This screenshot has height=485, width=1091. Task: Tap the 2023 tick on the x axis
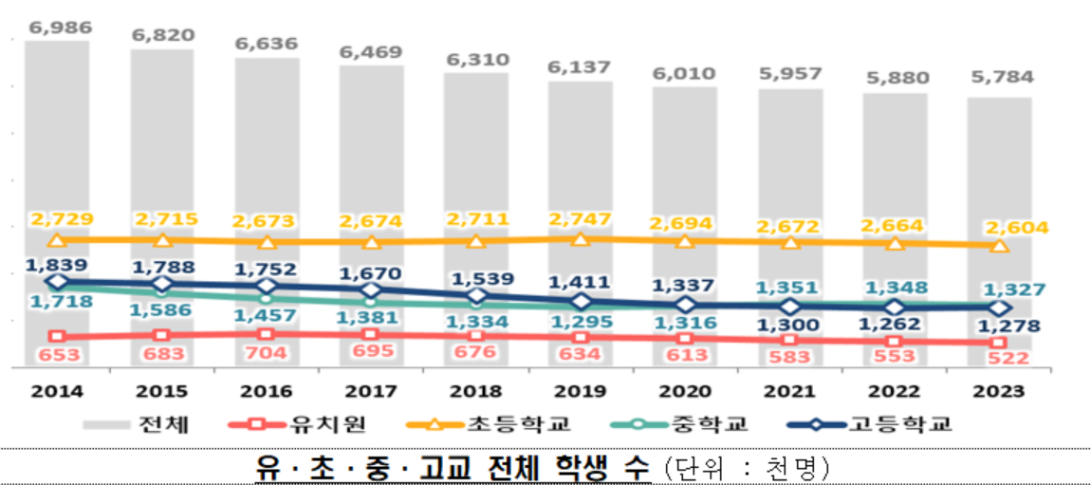tap(999, 390)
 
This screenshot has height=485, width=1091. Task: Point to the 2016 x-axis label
tap(267, 390)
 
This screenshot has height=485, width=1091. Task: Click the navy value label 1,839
tap(57, 264)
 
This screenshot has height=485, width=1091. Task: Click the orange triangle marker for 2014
tap(57, 241)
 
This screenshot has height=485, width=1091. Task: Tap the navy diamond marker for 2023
tap(999, 308)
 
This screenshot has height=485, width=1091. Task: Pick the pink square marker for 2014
tap(57, 337)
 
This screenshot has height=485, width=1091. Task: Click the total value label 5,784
tap(999, 77)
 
